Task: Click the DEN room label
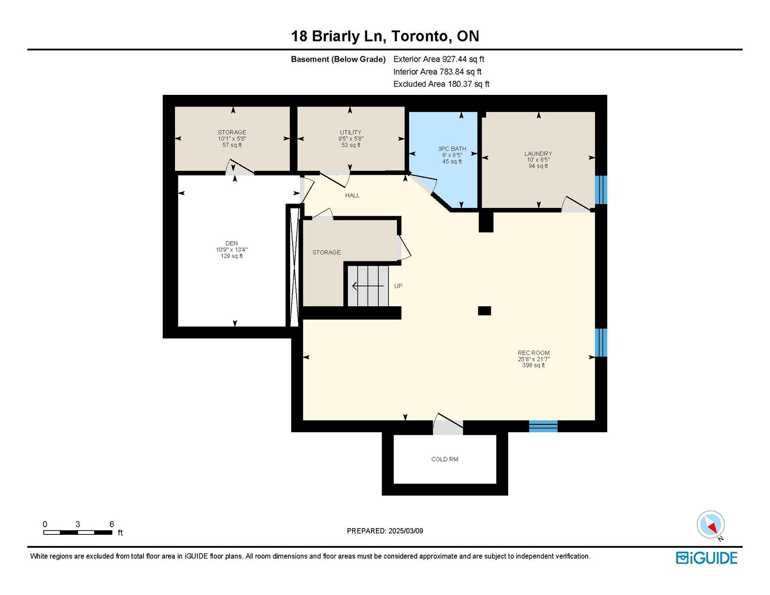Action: coord(231,243)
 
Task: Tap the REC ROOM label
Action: coord(533,352)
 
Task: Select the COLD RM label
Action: coord(444,459)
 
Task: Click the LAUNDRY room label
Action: coord(538,154)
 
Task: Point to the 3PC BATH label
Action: coord(452,149)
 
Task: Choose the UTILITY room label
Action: coord(350,132)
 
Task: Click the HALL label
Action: coord(352,195)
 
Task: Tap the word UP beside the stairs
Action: coord(398,286)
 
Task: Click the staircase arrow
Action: coord(368,285)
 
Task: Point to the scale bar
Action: coord(77,532)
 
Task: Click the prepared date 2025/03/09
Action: coord(405,531)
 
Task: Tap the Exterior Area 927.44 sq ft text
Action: coord(438,59)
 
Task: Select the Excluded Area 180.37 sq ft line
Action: coord(441,84)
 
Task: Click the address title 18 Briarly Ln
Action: coord(338,36)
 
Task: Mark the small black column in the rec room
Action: coord(484,311)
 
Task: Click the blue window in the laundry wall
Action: coord(601,190)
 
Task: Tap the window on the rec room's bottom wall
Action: coord(543,427)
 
